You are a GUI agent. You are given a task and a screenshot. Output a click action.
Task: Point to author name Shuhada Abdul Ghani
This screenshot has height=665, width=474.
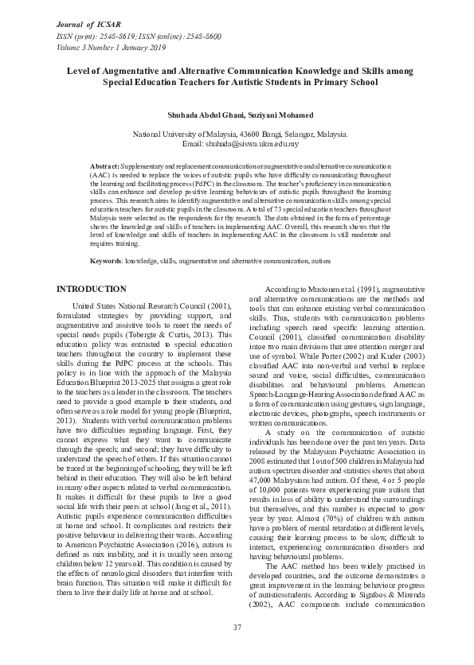204,115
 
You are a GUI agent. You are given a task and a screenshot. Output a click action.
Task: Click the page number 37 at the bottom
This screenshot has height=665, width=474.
237,628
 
